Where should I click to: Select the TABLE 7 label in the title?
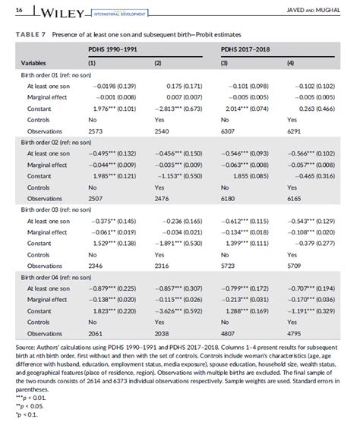coord(30,34)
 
